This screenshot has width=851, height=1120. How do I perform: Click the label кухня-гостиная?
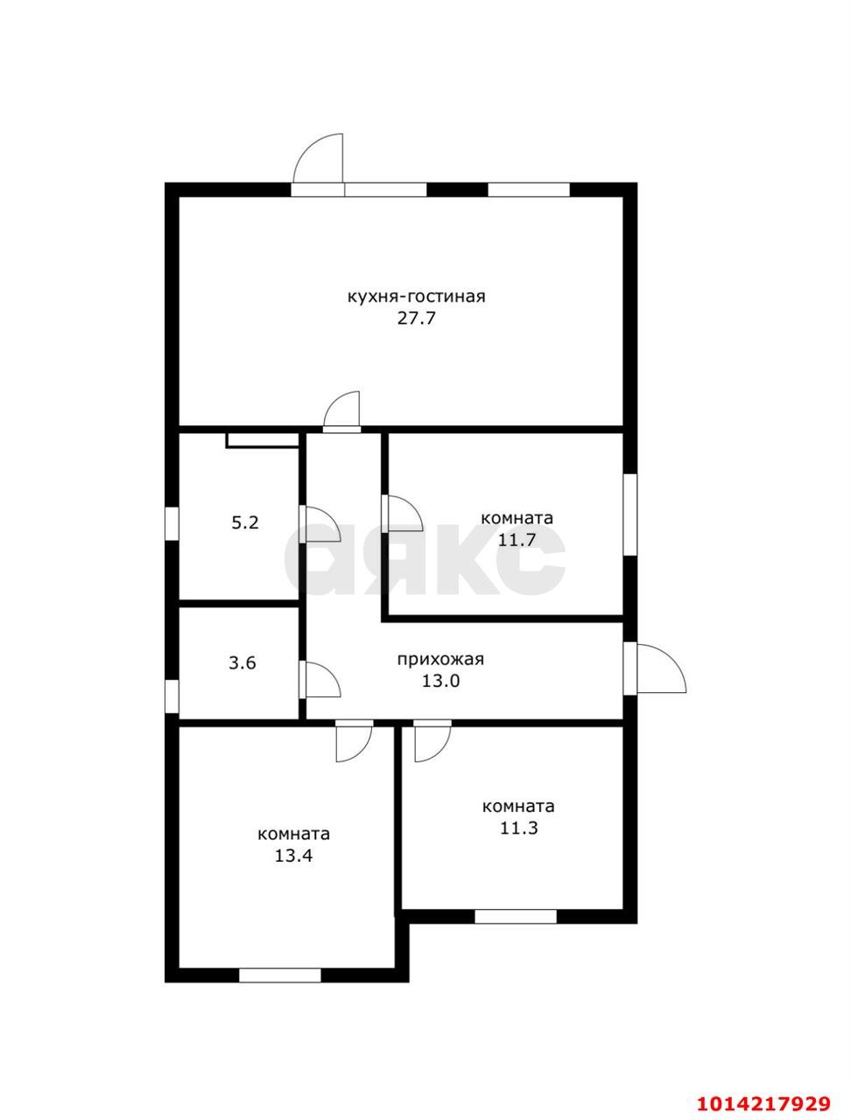tap(416, 297)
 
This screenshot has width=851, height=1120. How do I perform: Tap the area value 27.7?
tap(416, 318)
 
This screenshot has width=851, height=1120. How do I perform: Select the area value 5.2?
tap(245, 522)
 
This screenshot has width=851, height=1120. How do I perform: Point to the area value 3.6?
tap(243, 663)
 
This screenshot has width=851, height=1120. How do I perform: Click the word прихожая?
tap(440, 660)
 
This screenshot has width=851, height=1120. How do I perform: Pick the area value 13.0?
tap(440, 681)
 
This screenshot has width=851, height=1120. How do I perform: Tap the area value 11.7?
tap(517, 539)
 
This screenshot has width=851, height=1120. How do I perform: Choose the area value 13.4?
tap(293, 856)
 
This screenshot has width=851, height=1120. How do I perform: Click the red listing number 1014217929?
tap(763, 1086)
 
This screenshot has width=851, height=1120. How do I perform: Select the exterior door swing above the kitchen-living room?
tap(319, 164)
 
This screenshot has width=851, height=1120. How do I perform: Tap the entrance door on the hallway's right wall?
tap(655, 669)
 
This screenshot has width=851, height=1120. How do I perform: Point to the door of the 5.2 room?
tap(320, 524)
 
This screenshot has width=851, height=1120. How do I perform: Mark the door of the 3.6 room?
tap(320, 679)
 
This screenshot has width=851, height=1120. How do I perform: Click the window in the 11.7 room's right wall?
tap(630, 515)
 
